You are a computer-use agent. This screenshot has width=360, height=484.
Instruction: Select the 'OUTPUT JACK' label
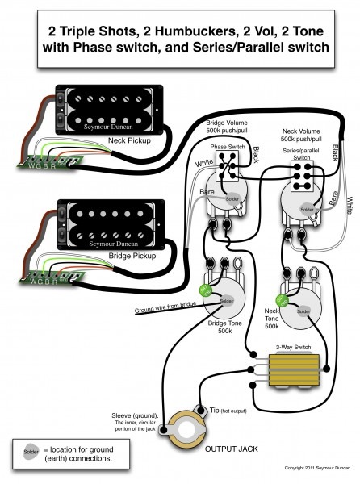pyautogui.click(x=235, y=449)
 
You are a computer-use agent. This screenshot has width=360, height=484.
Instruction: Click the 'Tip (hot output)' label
pyautogui.click(x=225, y=411)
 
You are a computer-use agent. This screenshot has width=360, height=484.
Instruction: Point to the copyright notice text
pyautogui.click(x=314, y=468)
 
